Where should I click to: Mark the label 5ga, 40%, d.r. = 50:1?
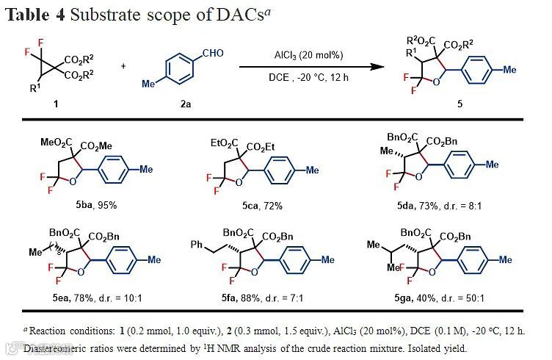coord(432,298)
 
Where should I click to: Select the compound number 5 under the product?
coord(460,104)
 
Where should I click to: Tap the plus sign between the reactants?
coord(123,66)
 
